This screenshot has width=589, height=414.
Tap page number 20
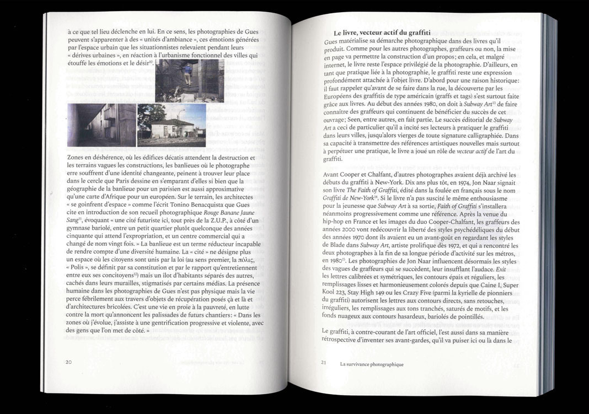(x=69, y=362)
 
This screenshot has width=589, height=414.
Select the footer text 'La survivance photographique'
(x=372, y=364)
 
